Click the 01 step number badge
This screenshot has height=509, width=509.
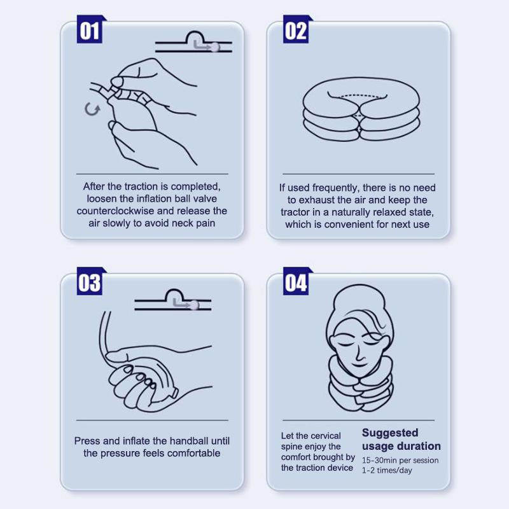click(x=90, y=29)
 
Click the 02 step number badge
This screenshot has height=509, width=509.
click(x=296, y=29)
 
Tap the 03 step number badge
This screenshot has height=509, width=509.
click(x=90, y=281)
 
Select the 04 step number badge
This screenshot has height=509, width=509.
click(x=296, y=281)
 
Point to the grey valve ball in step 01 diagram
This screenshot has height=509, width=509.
click(x=215, y=47)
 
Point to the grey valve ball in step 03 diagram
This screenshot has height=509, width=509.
click(x=194, y=305)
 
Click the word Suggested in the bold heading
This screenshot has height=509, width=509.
click(x=390, y=433)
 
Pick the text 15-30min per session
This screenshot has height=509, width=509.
click(x=400, y=460)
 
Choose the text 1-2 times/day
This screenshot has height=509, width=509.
click(x=387, y=470)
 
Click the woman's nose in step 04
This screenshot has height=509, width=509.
click(x=358, y=354)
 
